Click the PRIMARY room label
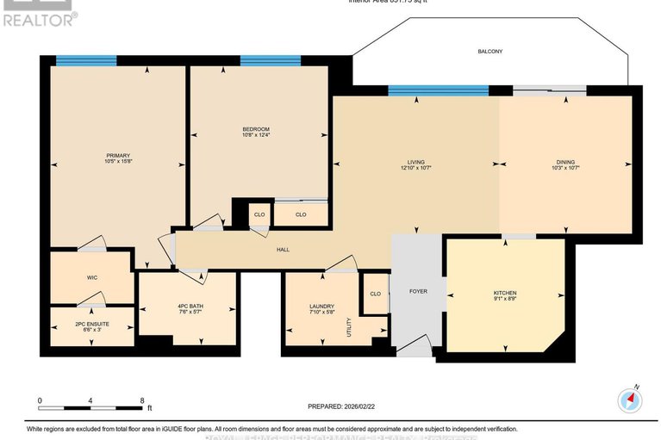pos(118,154)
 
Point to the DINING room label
pos(565,164)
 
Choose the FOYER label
pos(417,291)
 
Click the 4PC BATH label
pos(188,307)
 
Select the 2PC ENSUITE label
pos(91,325)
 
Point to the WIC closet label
pos(91,278)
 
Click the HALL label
pos(283,250)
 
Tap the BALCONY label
pos(490,52)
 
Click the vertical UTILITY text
pos(349,326)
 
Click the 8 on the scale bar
pos(141,400)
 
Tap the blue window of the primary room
pos(86,60)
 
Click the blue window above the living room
pos(438,90)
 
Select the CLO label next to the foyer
pos(375,294)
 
